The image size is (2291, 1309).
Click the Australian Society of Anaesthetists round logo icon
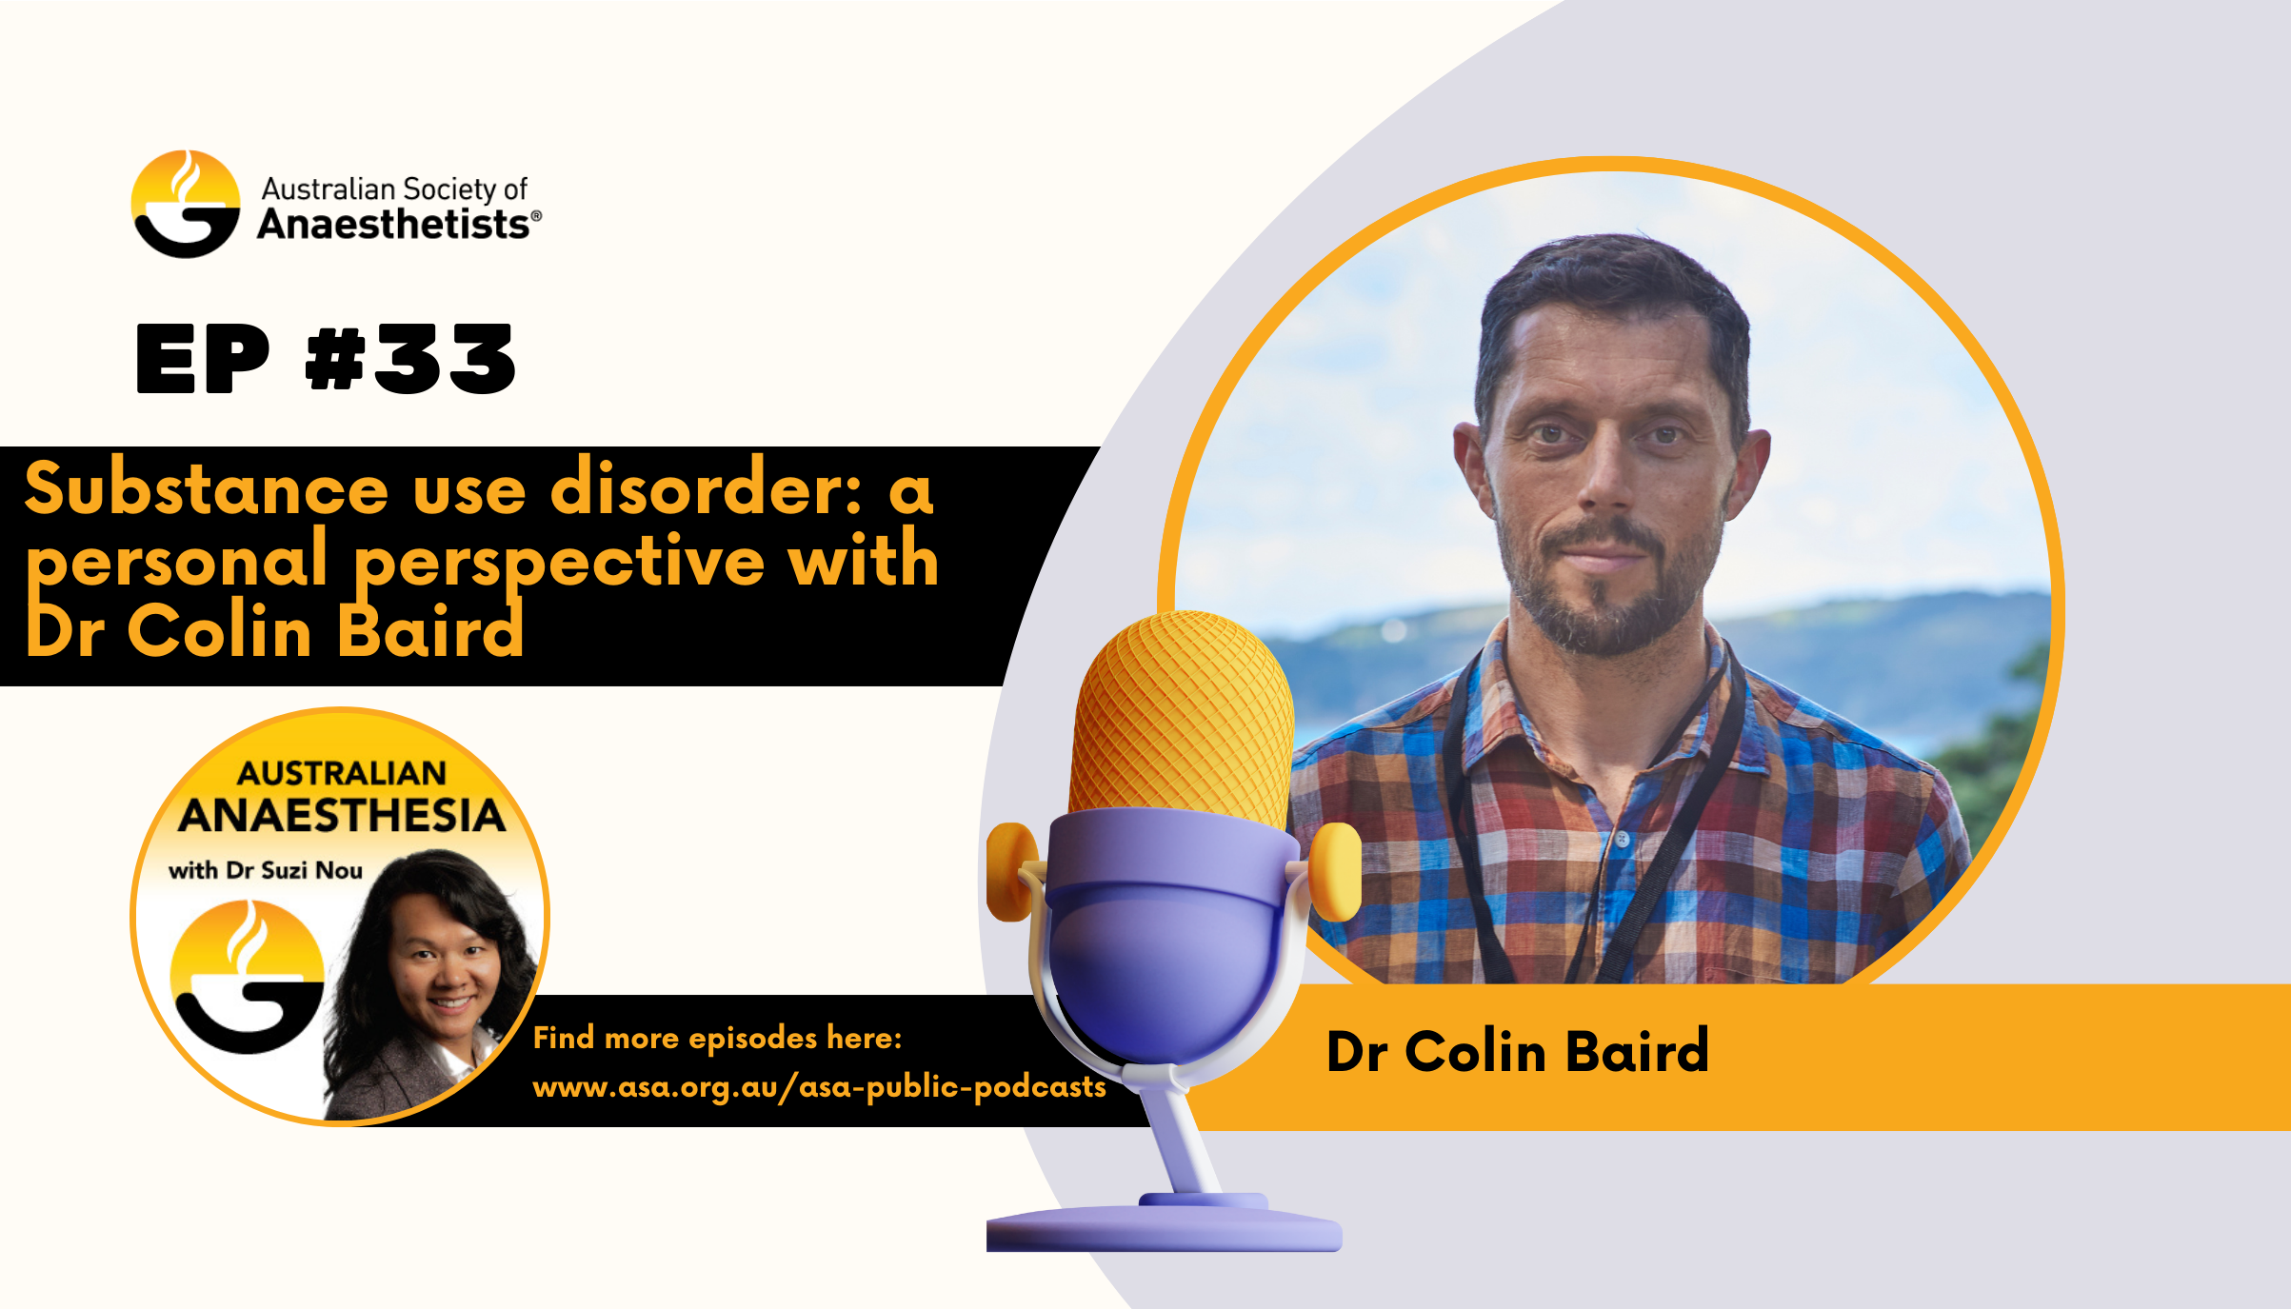[186, 204]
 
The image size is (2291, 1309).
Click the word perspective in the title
[560, 564]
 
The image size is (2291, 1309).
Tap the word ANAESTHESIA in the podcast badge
[342, 816]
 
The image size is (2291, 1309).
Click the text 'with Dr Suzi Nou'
[266, 870]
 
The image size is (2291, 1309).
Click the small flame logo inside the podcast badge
[247, 977]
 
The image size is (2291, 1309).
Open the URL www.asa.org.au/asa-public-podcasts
[819, 1087]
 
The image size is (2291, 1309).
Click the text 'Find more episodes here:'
[717, 1038]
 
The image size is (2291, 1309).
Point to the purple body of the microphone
[1167, 942]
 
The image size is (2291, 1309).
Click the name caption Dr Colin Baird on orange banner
[1518, 1052]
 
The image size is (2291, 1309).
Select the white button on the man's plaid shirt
[1622, 840]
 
